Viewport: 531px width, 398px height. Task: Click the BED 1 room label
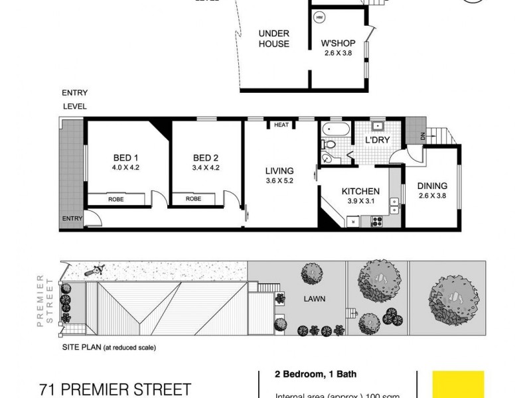click(125, 158)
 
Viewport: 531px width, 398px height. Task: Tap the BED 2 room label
click(206, 158)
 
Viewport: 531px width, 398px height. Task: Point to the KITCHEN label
click(360, 192)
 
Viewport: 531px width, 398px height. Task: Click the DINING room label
click(433, 186)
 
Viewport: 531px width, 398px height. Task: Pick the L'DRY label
click(376, 141)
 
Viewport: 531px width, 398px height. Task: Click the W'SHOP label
click(339, 44)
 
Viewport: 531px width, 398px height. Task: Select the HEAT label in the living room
click(281, 125)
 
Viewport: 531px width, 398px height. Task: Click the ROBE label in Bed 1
click(117, 198)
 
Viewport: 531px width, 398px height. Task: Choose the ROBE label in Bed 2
click(193, 198)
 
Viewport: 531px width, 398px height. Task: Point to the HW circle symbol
click(319, 17)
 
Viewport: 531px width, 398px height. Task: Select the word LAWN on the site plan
click(315, 299)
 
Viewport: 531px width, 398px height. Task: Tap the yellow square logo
click(458, 384)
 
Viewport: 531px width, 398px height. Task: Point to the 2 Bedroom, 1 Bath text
click(304, 373)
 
